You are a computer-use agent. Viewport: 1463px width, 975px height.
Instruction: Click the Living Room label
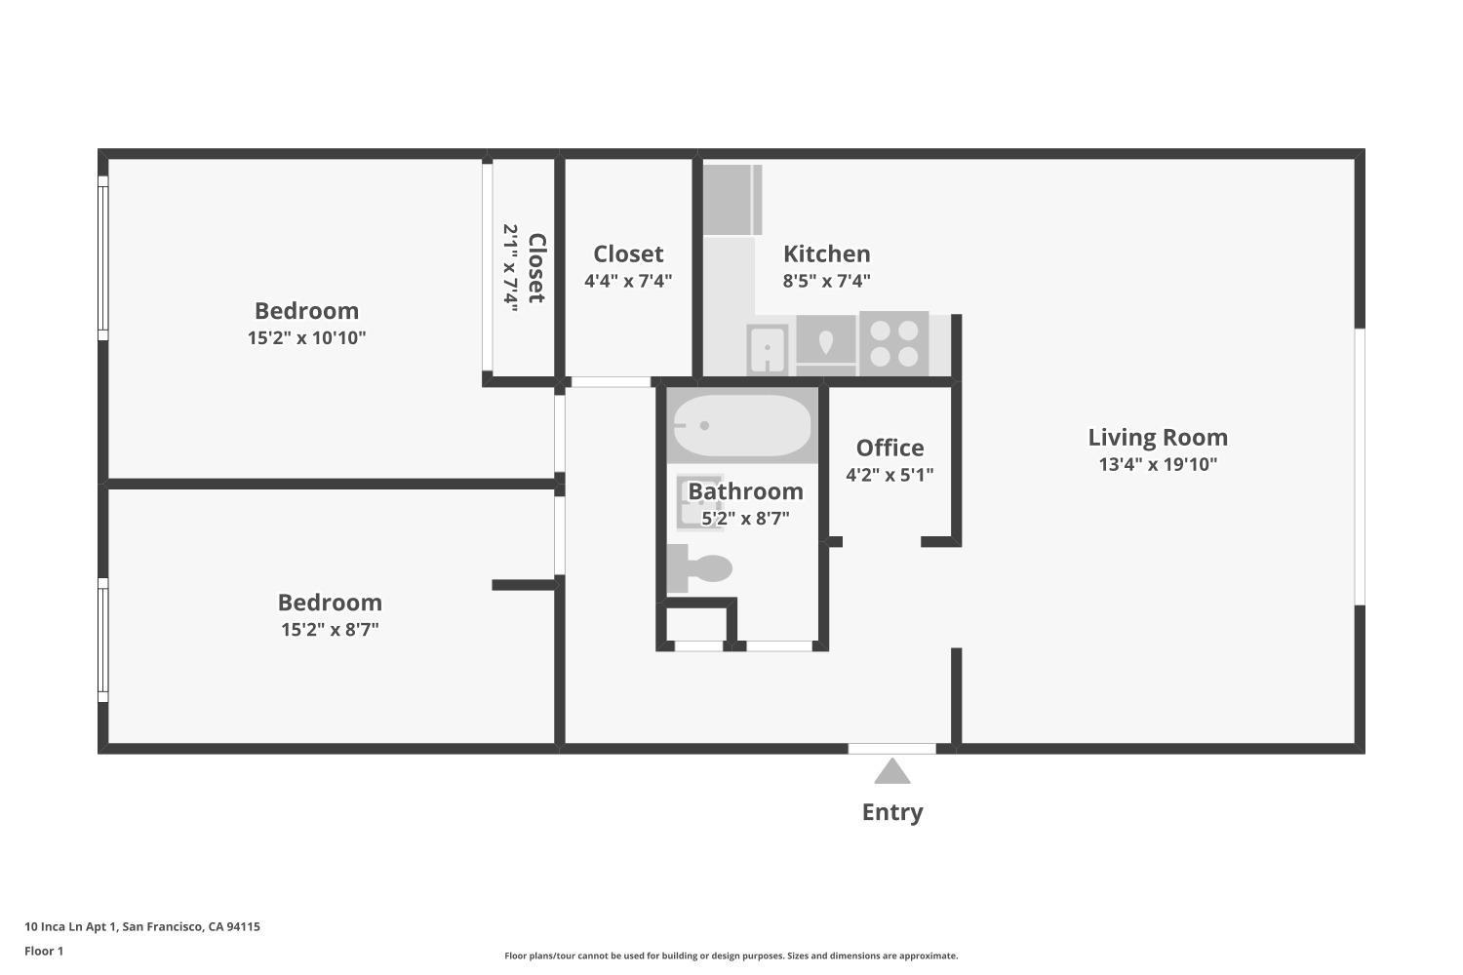(x=1158, y=438)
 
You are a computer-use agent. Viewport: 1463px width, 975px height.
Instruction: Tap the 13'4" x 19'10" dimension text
(x=1158, y=464)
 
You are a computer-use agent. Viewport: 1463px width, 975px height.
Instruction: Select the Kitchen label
(x=826, y=253)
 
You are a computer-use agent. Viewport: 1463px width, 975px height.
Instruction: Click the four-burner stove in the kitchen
(x=893, y=344)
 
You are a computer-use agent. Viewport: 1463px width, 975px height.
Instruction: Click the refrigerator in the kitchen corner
(x=731, y=200)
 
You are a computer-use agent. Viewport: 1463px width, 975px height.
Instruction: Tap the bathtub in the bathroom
(x=742, y=426)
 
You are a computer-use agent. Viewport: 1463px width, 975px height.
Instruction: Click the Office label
(x=890, y=448)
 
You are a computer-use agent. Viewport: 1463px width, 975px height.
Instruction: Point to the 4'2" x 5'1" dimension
(x=890, y=475)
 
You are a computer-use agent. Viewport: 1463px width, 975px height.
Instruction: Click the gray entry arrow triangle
(x=891, y=772)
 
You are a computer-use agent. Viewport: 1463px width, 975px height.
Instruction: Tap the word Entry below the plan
(x=891, y=812)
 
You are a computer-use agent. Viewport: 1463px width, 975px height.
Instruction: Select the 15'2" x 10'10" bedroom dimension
(x=306, y=337)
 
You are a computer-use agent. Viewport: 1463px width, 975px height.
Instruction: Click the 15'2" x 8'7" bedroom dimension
(x=330, y=629)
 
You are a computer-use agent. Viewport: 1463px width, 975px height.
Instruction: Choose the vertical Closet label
(x=535, y=268)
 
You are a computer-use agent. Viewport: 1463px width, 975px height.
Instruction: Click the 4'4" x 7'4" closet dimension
(x=628, y=281)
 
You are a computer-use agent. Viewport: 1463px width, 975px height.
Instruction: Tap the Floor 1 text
(x=44, y=951)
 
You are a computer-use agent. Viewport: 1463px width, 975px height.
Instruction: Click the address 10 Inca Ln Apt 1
(x=141, y=926)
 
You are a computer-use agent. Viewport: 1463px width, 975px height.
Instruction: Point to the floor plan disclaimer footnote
(x=731, y=955)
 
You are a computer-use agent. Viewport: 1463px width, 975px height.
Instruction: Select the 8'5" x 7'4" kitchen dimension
(x=826, y=281)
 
